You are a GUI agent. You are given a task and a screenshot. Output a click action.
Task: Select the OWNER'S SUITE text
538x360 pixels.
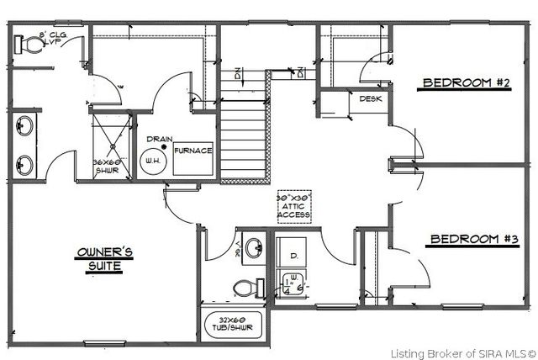(99, 259)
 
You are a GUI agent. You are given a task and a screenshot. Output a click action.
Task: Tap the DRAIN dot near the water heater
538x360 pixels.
(165, 147)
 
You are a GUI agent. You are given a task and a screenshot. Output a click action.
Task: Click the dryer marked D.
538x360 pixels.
(294, 253)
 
